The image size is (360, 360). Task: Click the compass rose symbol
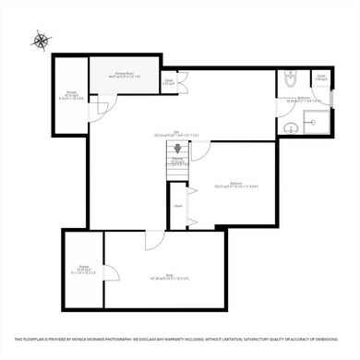tap(41, 40)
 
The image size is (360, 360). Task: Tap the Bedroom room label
tap(229, 186)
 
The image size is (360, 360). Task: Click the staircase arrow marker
tap(177, 147)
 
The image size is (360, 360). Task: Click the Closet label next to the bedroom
tap(177, 206)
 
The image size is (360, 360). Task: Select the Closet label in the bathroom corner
tap(320, 78)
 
